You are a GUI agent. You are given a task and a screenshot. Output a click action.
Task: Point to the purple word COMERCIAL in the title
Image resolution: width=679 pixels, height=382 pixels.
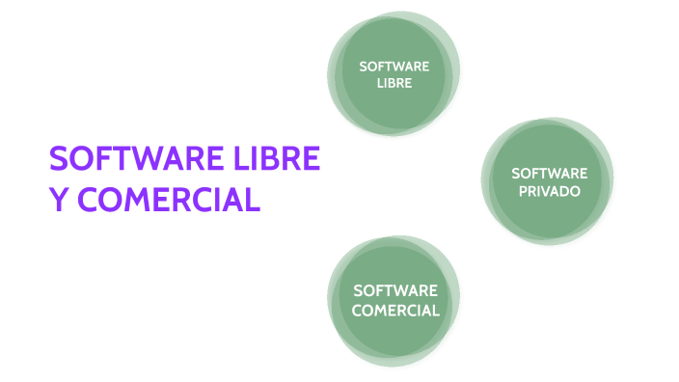pos(170,200)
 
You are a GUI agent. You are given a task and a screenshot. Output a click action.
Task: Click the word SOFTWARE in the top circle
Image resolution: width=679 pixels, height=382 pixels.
pos(394,67)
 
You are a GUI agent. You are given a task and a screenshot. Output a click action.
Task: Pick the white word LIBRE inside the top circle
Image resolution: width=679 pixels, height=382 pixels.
pos(394,84)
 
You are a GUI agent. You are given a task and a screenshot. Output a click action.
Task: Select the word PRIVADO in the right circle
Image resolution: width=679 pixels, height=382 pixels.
pos(549,191)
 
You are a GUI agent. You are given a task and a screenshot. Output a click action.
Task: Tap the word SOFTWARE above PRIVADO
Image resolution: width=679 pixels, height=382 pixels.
pos(549,174)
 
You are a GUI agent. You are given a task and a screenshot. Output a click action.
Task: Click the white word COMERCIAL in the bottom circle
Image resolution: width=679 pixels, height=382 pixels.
pos(395,311)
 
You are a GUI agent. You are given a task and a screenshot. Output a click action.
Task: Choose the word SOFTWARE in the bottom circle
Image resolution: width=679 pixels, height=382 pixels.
pos(395,290)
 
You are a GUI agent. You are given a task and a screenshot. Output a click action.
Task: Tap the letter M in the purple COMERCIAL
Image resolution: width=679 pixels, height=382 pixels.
pos(136,200)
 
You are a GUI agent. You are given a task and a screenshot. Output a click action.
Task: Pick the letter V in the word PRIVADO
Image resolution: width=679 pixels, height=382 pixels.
pos(547,191)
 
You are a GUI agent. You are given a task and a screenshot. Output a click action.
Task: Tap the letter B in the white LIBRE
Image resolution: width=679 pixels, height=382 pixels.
pos(392,84)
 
